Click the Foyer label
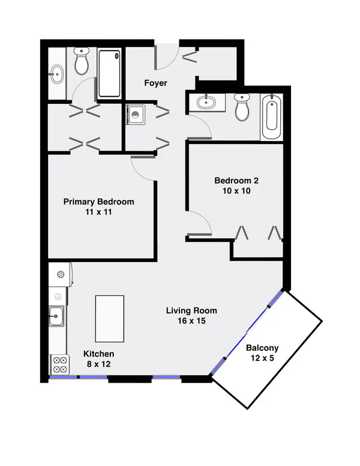[x=155, y=83]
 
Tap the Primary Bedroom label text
[x=98, y=202]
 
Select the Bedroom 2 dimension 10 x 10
[x=236, y=191]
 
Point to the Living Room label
[x=191, y=311]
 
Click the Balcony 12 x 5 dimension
[x=262, y=358]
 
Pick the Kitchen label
[x=98, y=354]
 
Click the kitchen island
[x=110, y=319]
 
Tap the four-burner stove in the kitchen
[x=60, y=365]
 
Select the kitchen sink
[x=56, y=316]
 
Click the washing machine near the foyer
[x=136, y=115]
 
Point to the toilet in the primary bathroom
[x=81, y=61]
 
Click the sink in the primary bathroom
[x=56, y=74]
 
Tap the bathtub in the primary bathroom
[x=110, y=73]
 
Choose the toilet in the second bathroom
[x=242, y=107]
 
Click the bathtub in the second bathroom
[x=271, y=116]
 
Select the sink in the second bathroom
[x=207, y=102]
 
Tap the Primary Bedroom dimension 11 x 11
[x=98, y=212]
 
